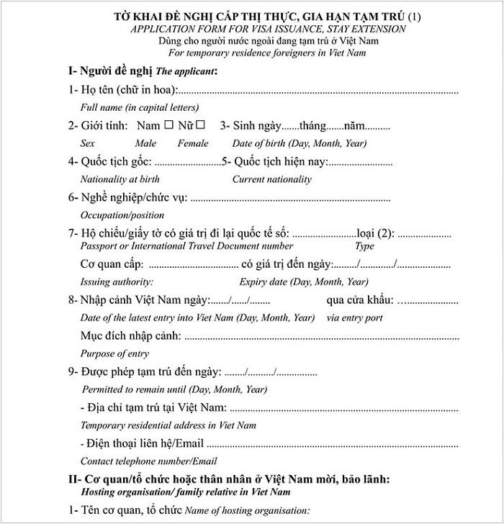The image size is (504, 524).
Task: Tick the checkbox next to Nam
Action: coord(168,125)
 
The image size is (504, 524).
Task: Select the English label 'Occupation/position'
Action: coord(122,215)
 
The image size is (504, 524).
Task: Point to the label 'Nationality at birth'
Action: coord(120,179)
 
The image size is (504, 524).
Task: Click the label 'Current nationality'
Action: coord(272,179)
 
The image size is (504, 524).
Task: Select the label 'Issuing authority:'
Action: coord(117,281)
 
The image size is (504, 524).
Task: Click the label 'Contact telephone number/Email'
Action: coord(149,461)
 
